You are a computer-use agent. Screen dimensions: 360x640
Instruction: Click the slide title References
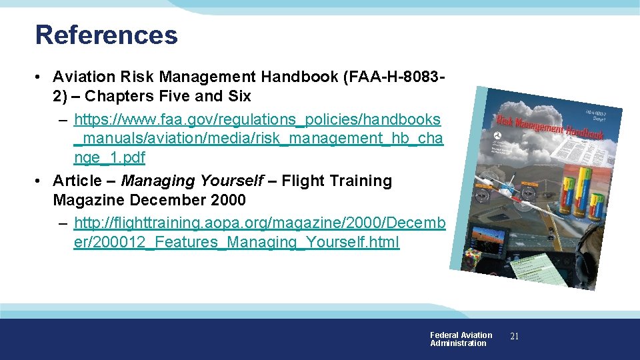point(106,35)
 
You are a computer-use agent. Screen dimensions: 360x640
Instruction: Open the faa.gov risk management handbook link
point(257,139)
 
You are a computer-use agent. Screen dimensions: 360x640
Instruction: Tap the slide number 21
point(514,337)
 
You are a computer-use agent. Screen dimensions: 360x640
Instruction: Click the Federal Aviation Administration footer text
point(460,339)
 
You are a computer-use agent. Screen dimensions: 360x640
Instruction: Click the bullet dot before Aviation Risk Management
point(41,77)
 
